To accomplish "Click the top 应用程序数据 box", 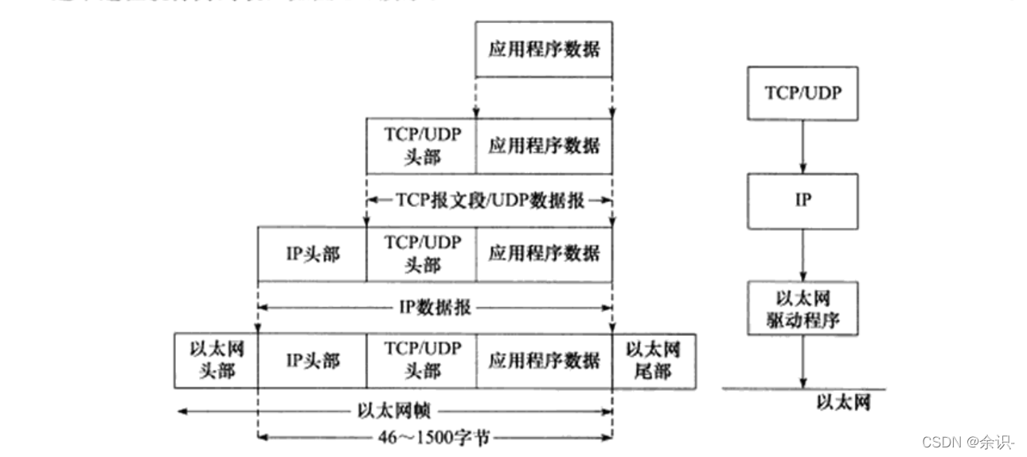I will (544, 49).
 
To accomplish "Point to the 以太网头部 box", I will (216, 361).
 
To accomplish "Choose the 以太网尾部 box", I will (654, 361).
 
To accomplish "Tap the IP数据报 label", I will (435, 307).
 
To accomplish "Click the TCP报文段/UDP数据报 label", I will (490, 200).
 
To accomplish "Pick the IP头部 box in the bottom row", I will (312, 361).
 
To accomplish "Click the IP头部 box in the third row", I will (312, 254).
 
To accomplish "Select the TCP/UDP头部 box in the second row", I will (421, 146).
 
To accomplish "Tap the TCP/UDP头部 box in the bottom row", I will (421, 361).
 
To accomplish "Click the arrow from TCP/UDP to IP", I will (803, 146).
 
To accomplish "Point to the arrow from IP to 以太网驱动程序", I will (803, 254).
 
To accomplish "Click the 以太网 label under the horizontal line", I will (843, 403).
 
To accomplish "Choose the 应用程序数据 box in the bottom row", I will (544, 361).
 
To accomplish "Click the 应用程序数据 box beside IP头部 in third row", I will (544, 254).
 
